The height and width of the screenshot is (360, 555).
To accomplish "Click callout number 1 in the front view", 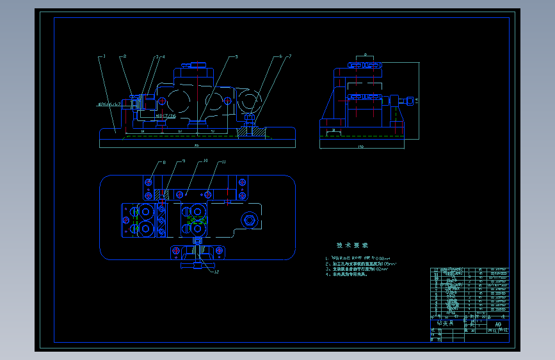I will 104,56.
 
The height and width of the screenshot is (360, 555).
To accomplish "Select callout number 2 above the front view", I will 125,56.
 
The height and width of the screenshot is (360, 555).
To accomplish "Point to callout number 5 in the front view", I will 236,56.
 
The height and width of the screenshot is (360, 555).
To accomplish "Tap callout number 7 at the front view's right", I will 289,56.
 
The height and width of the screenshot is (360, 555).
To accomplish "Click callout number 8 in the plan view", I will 164,163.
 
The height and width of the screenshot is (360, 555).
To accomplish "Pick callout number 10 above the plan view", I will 205,161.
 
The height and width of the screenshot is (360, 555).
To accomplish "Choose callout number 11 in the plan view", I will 223,161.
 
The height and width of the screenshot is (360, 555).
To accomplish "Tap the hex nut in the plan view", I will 248,221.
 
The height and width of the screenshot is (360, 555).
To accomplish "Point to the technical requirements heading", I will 352,245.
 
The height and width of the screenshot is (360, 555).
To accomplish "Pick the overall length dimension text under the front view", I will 196,145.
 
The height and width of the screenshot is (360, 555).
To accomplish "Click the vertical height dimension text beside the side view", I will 416,100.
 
